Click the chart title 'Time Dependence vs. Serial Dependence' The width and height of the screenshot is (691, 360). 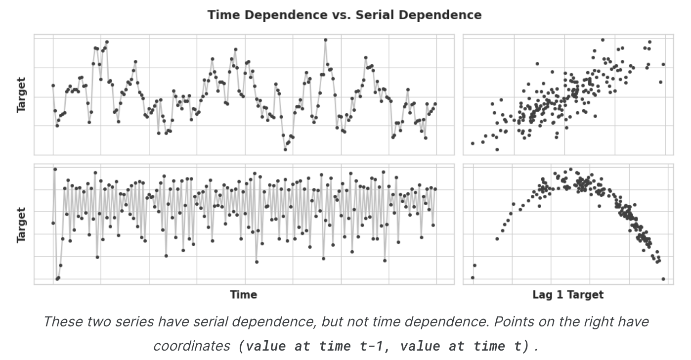click(345, 15)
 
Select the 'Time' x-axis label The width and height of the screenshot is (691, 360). click(243, 295)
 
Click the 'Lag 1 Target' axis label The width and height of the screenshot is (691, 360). click(568, 295)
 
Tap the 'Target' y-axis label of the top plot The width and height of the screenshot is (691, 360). click(21, 94)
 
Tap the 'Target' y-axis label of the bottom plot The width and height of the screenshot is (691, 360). click(21, 225)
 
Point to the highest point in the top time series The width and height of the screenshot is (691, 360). click(325, 40)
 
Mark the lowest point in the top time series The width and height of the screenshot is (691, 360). click(285, 149)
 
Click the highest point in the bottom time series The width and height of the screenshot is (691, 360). click(55, 169)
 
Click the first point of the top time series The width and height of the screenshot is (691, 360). click(53, 86)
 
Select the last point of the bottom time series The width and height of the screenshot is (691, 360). click(435, 189)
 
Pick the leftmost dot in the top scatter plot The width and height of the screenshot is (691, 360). click(473, 143)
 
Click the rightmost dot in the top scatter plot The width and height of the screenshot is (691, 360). click(663, 64)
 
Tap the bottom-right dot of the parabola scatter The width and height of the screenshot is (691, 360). click(663, 279)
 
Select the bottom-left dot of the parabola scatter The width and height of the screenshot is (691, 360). click(473, 277)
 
